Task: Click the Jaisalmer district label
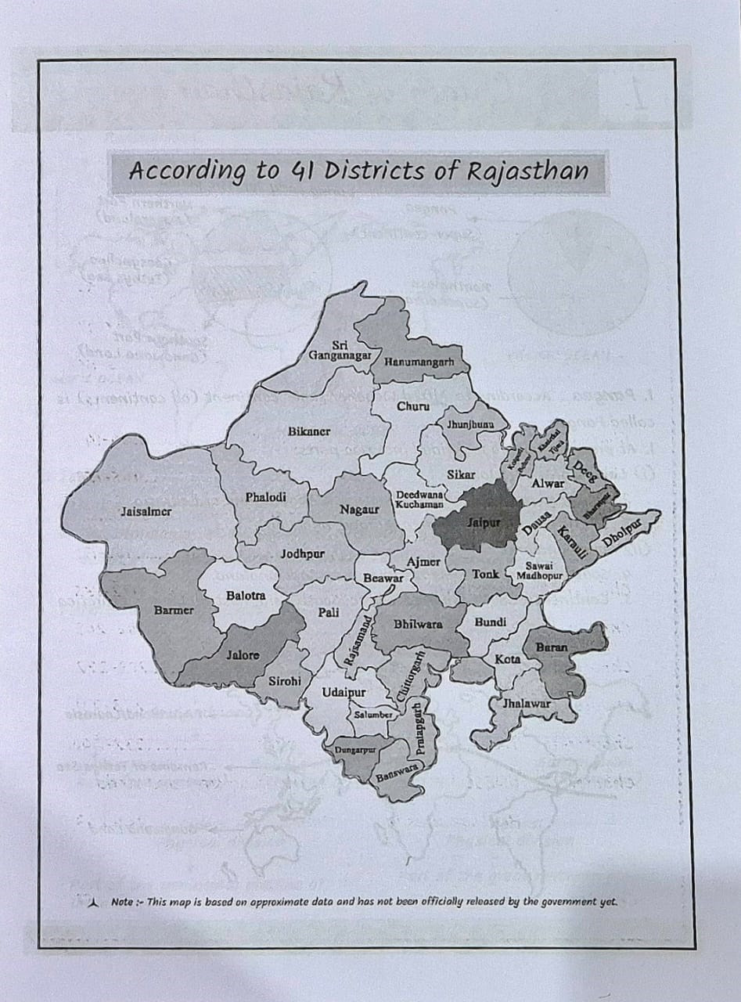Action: pos(146,512)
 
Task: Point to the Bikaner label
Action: pos(309,431)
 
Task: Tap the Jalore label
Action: pos(242,654)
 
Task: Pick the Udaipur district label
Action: pos(344,693)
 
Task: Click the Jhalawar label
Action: pos(527,703)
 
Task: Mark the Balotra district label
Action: pos(246,596)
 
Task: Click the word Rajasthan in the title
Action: pos(527,171)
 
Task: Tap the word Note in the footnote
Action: pos(121,902)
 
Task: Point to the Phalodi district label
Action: pos(265,496)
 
